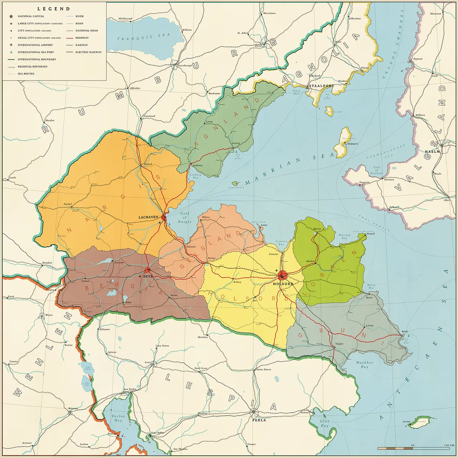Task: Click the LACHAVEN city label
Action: pos(148,217)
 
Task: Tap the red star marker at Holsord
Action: pos(282,276)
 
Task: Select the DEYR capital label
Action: pos(148,277)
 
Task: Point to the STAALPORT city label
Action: pos(321,86)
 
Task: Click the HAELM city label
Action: pos(432,152)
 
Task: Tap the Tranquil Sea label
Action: pos(143,37)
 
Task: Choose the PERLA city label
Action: pos(259,420)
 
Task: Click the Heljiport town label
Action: pos(352,144)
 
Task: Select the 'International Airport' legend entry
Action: pos(35,45)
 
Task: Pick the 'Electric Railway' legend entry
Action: pos(88,52)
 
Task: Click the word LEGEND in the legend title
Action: pos(54,9)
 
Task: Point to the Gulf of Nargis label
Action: pos(185,218)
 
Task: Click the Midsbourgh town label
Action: pos(125,19)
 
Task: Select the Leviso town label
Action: pos(406,422)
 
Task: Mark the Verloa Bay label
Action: pos(118,418)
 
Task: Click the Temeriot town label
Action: pos(364,182)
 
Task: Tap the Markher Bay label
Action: pos(364,365)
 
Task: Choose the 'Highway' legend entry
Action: pos(82,38)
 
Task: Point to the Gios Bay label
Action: pos(325,423)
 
